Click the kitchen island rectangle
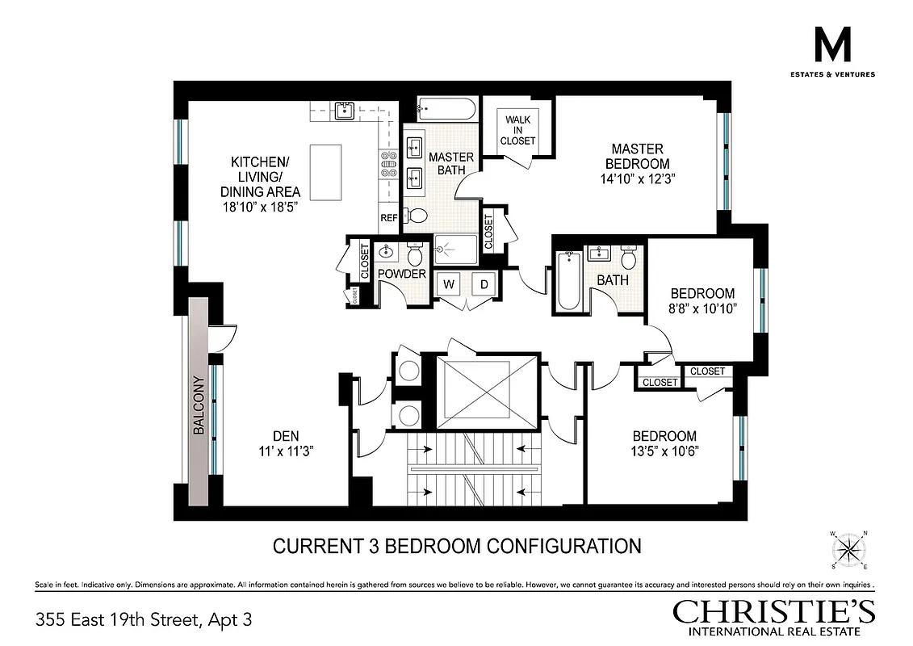pyautogui.click(x=327, y=172)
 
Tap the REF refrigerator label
pyautogui.click(x=389, y=218)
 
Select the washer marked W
pyautogui.click(x=449, y=284)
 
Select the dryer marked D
pyautogui.click(x=484, y=284)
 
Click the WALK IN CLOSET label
pyautogui.click(x=517, y=130)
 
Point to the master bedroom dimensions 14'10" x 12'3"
pyautogui.click(x=637, y=179)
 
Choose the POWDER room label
pyautogui.click(x=401, y=275)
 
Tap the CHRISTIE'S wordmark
pyautogui.click(x=774, y=611)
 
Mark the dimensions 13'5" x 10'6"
pyautogui.click(x=664, y=451)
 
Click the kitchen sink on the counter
pyautogui.click(x=345, y=111)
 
